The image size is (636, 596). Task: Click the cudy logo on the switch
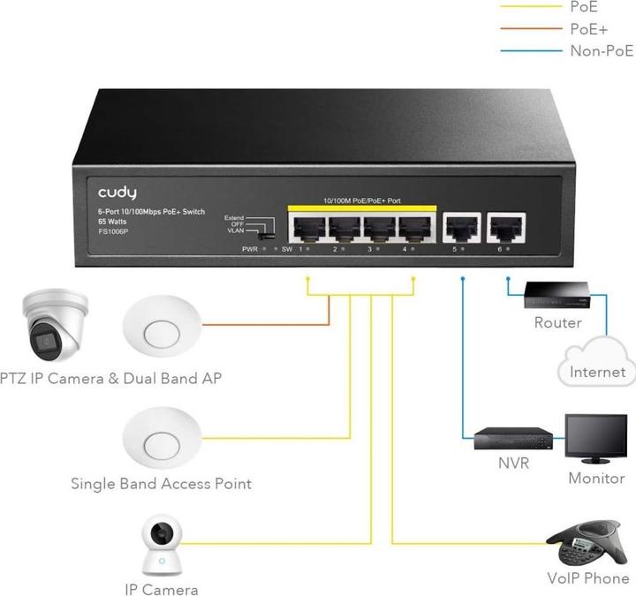pyautogui.click(x=117, y=192)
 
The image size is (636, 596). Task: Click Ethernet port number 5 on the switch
pyautogui.click(x=461, y=228)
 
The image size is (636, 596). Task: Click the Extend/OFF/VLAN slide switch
pyautogui.click(x=261, y=234)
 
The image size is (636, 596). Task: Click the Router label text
pyautogui.click(x=557, y=322)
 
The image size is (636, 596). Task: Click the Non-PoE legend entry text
pyautogui.click(x=602, y=50)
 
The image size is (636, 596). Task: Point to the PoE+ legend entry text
pyautogui.click(x=588, y=28)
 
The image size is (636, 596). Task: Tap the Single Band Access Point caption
pyautogui.click(x=161, y=484)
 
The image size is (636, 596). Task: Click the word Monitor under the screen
pyautogui.click(x=596, y=479)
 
